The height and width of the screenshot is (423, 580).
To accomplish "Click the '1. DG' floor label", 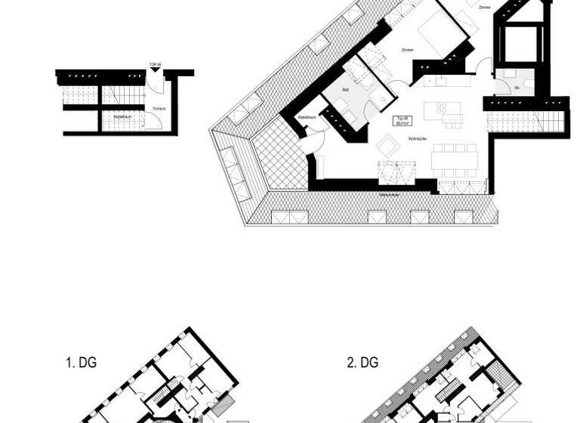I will tap(81, 363).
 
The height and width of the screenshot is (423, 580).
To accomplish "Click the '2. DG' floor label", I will tap(362, 363).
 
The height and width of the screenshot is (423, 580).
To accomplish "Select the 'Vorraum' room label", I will tap(159, 109).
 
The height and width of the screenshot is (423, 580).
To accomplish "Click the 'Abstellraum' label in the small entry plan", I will tap(121, 117).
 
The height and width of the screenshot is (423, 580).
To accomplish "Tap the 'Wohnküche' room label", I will tap(418, 139).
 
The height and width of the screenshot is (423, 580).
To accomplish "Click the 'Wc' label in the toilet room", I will tap(517, 88).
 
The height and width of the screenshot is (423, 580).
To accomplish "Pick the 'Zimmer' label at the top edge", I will tap(484, 8).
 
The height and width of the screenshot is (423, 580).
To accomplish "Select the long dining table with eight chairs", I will tap(455, 159).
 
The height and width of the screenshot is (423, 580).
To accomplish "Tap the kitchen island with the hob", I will tap(443, 113).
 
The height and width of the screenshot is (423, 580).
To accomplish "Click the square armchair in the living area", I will tap(390, 144).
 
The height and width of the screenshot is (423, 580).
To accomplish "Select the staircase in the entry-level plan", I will tap(113, 95).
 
